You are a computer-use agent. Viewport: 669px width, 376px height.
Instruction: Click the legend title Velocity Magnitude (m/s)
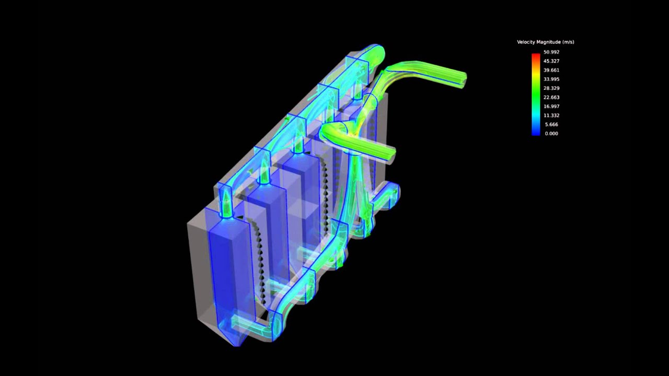pos(545,42)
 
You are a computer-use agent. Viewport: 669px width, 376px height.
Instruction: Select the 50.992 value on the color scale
pos(551,52)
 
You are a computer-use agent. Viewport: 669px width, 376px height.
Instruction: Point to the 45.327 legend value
pos(551,61)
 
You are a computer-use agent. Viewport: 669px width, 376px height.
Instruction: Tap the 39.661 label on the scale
pos(551,70)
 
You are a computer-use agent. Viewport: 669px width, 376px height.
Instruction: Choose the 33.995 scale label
pos(551,79)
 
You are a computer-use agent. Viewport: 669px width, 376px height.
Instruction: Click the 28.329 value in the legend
pos(551,88)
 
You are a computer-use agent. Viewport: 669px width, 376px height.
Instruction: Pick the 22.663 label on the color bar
pos(551,97)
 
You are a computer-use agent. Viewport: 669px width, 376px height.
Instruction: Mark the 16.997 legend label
pos(551,107)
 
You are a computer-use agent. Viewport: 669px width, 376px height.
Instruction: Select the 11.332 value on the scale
pos(551,115)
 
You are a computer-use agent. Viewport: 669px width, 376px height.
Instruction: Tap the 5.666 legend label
pos(551,124)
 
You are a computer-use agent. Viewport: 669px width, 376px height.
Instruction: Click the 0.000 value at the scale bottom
pos(551,134)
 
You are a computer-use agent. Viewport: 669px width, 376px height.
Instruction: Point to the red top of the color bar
pos(536,55)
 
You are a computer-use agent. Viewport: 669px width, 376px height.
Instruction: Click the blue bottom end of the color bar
pos(536,133)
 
